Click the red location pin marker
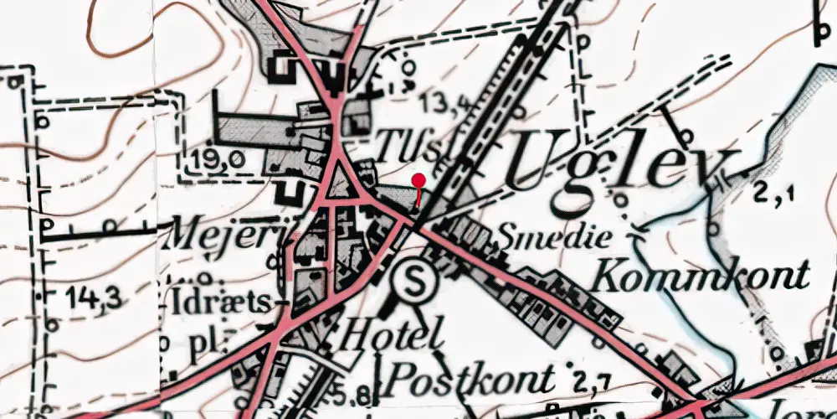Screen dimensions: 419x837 [418, 180]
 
